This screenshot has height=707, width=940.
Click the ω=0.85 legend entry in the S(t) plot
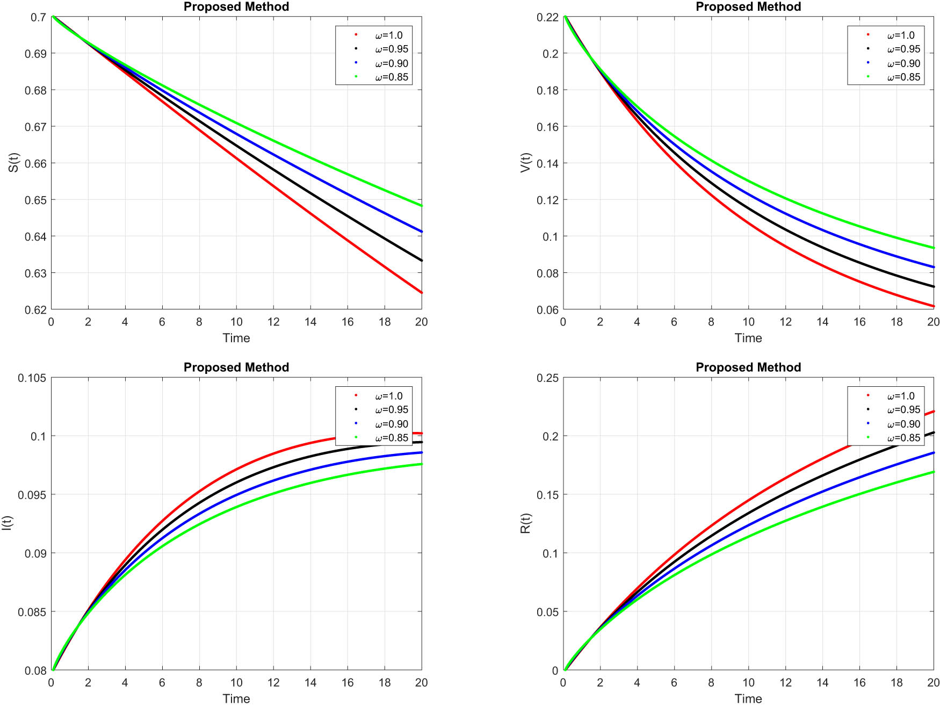pos(391,77)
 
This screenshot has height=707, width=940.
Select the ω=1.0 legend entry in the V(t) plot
pos(900,35)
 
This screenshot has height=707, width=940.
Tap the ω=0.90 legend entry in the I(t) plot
pos(391,424)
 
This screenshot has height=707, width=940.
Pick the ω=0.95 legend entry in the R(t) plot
pos(903,410)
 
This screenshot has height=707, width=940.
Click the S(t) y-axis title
pos(13,163)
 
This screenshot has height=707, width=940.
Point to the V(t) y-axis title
pos(525,163)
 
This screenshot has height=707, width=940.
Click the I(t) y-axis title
pos(6,523)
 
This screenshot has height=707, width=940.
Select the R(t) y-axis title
pos(525,523)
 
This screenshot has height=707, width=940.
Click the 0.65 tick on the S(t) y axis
pos(35,200)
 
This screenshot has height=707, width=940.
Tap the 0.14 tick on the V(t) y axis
pos(547,163)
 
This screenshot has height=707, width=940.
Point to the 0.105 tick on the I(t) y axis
pos(32,378)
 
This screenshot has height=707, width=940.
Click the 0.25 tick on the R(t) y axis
pos(547,378)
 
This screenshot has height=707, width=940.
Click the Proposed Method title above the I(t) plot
pos(236,367)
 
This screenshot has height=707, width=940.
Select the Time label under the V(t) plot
pos(748,338)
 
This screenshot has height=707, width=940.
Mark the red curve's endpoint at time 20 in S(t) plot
pos(422,293)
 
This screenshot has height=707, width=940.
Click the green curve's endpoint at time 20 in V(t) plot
pos(934,248)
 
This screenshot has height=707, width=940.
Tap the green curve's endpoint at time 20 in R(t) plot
pos(934,472)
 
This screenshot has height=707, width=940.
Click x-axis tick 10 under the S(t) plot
pos(236,322)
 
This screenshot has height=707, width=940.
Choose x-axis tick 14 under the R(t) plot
pos(822,682)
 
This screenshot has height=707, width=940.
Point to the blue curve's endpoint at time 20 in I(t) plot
pos(422,452)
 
